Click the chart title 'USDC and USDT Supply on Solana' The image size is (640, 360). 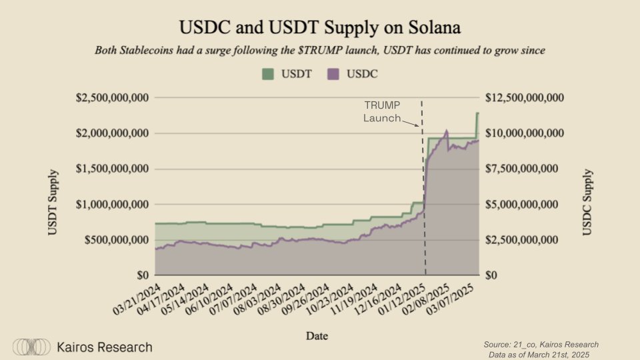pyautogui.click(x=319, y=27)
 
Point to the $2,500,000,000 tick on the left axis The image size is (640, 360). pyautogui.click(x=111, y=98)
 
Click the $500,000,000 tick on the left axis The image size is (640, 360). pyautogui.click(x=116, y=240)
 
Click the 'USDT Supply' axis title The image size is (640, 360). pyautogui.click(x=53, y=203)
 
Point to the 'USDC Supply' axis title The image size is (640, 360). pyautogui.click(x=587, y=203)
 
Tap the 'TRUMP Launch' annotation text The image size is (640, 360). pyautogui.click(x=382, y=112)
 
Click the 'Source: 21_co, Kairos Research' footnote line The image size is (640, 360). pyautogui.click(x=541, y=344)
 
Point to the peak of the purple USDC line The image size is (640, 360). pyautogui.click(x=446, y=131)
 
